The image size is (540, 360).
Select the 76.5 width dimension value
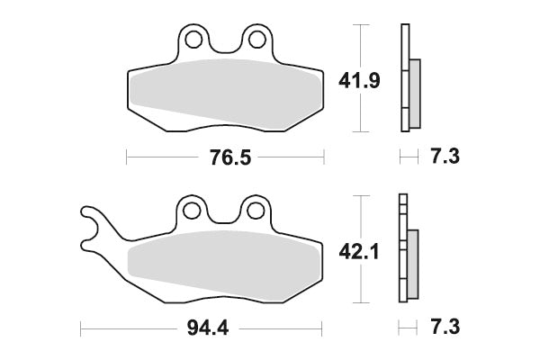coord(224,157)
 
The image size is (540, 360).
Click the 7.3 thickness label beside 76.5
coord(445,157)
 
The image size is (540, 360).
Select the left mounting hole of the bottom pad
coord(192,211)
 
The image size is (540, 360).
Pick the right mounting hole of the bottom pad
coord(257,211)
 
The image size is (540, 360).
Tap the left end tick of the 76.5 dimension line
coord(126,157)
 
